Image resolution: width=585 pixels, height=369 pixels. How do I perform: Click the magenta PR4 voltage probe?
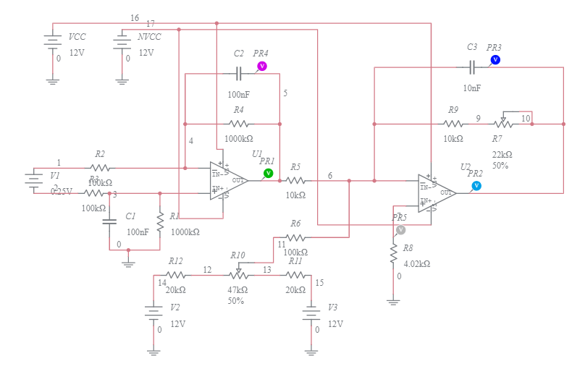click(x=262, y=66)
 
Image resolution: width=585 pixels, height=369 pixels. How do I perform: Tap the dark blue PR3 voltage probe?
click(x=495, y=59)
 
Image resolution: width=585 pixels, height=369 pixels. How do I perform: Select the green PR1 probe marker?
click(x=268, y=173)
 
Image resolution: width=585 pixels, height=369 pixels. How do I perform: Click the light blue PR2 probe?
click(x=476, y=186)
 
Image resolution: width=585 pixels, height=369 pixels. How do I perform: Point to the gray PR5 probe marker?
click(x=400, y=229)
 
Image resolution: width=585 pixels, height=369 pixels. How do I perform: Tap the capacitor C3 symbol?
click(x=471, y=67)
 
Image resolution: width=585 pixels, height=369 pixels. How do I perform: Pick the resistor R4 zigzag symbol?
click(x=238, y=124)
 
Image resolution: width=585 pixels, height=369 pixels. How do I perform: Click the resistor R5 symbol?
click(x=295, y=180)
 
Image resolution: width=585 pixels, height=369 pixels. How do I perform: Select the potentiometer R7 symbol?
click(x=503, y=123)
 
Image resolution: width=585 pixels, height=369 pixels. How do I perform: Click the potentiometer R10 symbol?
click(x=238, y=275)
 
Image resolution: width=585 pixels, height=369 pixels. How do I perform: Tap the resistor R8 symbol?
click(x=393, y=253)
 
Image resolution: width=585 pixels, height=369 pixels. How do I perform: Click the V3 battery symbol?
click(x=311, y=315)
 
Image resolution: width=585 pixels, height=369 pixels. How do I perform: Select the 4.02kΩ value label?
click(x=418, y=264)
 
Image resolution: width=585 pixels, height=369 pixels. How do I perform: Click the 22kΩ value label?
click(x=502, y=154)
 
